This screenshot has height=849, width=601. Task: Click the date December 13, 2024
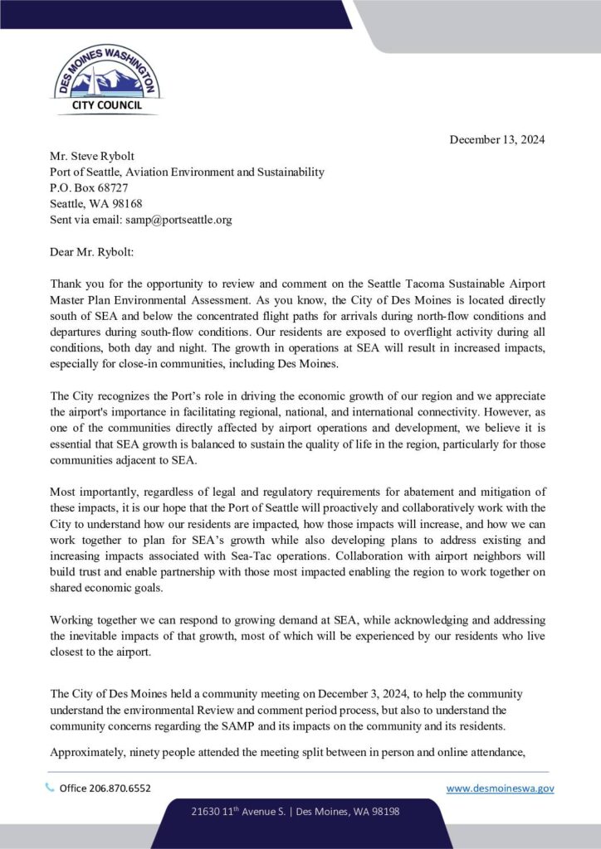click(x=497, y=139)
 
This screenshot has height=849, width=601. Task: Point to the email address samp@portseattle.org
click(x=178, y=220)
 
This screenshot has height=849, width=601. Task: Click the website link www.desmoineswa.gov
click(x=500, y=788)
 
